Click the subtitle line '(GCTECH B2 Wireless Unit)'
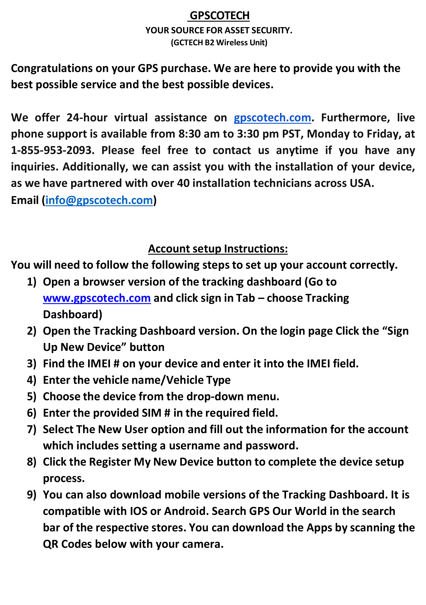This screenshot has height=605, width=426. pos(219,42)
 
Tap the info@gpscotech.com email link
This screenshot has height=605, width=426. pos(99,200)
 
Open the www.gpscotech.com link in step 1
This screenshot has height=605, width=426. pos(97,298)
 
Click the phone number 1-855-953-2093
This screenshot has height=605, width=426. pos(52,151)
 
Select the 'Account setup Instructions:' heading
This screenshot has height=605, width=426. pos(218,249)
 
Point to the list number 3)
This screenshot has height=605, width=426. pos(32,364)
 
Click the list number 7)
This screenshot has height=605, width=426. pos(32,429)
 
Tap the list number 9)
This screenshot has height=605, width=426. pos(32,495)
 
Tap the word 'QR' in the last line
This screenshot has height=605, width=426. pos(50,544)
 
